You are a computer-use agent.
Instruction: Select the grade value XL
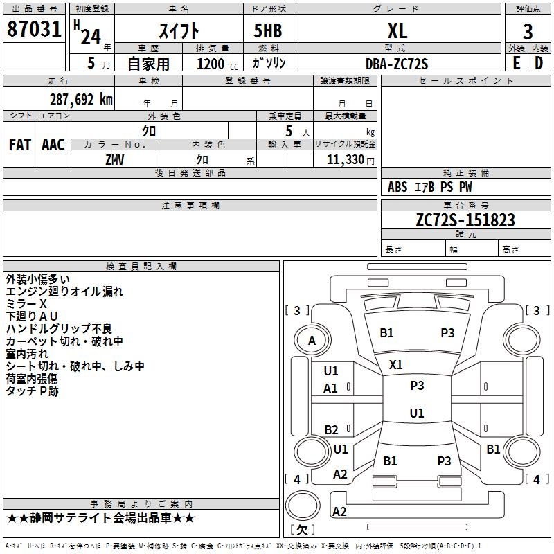click(397, 30)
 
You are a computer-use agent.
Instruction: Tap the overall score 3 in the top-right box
click(528, 31)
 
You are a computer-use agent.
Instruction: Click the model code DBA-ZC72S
click(397, 64)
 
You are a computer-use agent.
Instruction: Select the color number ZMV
click(115, 159)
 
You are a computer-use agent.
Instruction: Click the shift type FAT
click(19, 145)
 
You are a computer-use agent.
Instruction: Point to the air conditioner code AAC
click(53, 145)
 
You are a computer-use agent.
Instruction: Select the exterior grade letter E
click(516, 63)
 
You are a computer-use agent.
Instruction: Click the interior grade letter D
click(539, 63)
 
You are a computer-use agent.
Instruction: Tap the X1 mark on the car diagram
click(396, 364)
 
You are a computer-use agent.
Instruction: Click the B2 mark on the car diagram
click(332, 430)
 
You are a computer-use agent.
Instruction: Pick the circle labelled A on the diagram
click(312, 341)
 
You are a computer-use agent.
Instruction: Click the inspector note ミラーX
click(26, 304)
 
